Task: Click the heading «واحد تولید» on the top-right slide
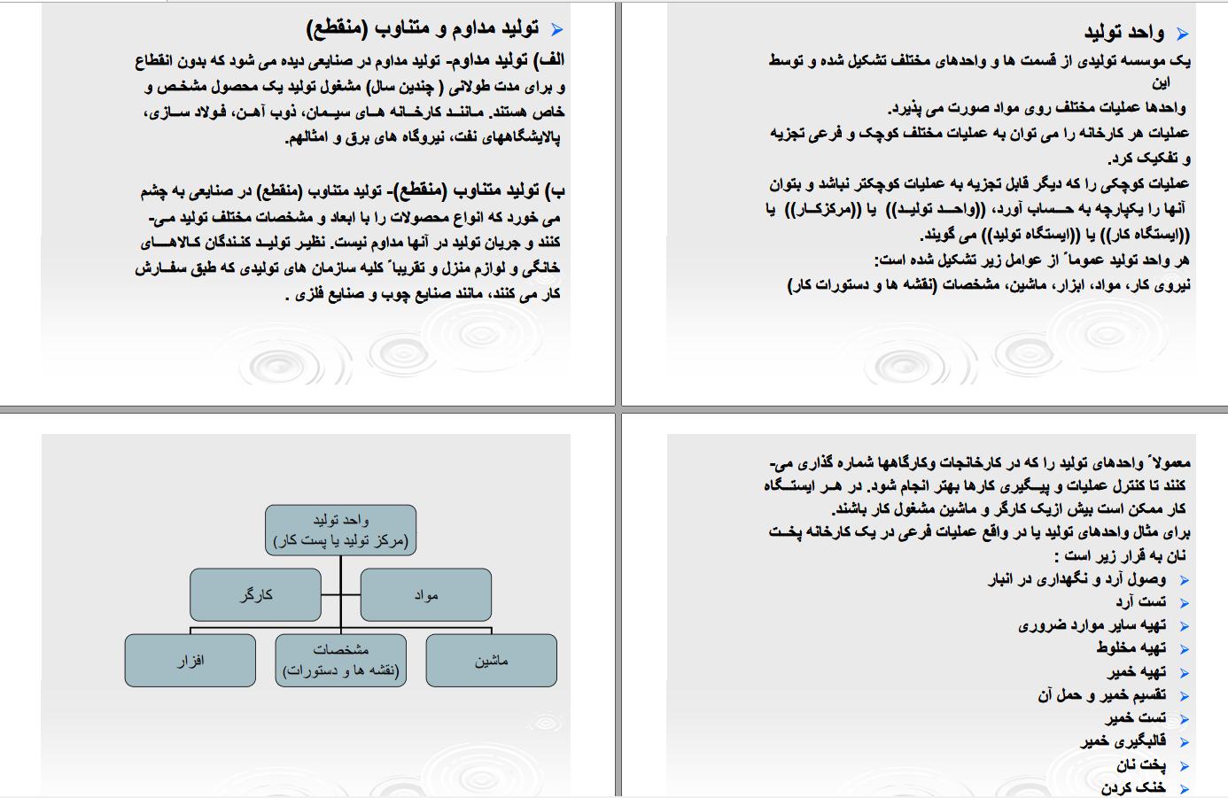click(x=1124, y=33)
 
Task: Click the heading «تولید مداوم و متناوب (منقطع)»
click(x=423, y=28)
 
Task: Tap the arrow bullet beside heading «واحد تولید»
click(x=1182, y=35)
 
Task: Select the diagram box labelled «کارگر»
click(x=255, y=594)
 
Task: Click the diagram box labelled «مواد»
click(x=426, y=594)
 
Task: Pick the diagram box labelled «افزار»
click(x=190, y=661)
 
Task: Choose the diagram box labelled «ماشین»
click(x=491, y=661)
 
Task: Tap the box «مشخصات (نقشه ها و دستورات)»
click(x=341, y=661)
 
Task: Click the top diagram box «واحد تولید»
click(x=341, y=530)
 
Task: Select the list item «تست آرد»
click(x=1141, y=601)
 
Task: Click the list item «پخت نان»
click(x=1141, y=764)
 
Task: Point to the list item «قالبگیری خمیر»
click(x=1123, y=740)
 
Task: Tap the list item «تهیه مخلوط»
click(x=1131, y=647)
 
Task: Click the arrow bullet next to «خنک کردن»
click(x=1185, y=788)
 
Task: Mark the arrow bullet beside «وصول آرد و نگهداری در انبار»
click(x=1185, y=580)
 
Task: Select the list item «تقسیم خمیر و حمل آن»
click(x=1102, y=694)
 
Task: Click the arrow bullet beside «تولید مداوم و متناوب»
click(x=556, y=30)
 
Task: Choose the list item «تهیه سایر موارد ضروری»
click(x=1092, y=624)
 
